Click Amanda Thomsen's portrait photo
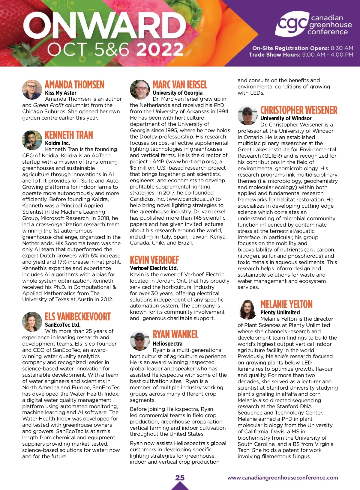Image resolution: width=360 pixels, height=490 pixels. tap(32, 90)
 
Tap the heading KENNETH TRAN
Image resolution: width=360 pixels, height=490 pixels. tap(69, 135)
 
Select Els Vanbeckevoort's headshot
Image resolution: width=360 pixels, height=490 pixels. tap(32, 322)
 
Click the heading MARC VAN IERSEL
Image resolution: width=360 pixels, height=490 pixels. tap(180, 85)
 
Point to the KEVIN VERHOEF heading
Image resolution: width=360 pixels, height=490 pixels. tap(154, 260)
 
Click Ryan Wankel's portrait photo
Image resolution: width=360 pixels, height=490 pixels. tap(140, 341)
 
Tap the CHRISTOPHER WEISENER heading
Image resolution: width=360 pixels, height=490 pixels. tap(299, 110)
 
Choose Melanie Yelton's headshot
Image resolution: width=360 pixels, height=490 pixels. tap(247, 309)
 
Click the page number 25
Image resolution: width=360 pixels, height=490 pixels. tap(180, 477)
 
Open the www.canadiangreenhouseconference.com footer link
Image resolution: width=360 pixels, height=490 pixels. tap(283, 478)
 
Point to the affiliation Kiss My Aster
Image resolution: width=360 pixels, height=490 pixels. tap(61, 93)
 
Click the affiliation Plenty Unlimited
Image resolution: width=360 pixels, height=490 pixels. tap(280, 313)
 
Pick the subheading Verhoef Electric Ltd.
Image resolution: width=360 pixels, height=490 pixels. tap(154, 268)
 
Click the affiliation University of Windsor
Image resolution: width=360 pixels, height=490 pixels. tap(286, 118)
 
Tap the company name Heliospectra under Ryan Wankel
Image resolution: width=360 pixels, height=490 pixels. tap(167, 344)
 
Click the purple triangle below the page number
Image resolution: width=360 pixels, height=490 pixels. tap(180, 486)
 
